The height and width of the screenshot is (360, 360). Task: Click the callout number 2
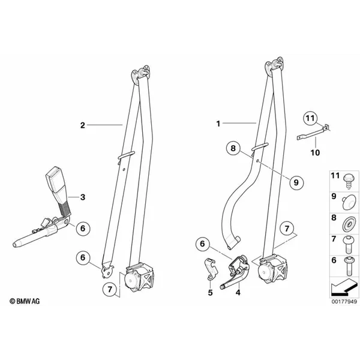tap(82, 125)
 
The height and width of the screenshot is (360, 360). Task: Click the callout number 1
tap(218, 124)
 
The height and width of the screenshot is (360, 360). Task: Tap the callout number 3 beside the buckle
tap(83, 197)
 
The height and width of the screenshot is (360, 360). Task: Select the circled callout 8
tap(233, 148)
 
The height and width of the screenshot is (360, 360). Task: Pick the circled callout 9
tap(296, 182)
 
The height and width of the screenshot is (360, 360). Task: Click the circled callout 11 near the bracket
tap(310, 118)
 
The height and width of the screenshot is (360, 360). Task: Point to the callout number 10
tap(315, 152)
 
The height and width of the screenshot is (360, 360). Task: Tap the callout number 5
tap(211, 293)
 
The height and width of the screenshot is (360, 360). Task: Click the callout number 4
tap(238, 293)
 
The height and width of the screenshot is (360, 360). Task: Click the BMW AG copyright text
tap(25, 301)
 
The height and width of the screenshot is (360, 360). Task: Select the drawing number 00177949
tap(344, 301)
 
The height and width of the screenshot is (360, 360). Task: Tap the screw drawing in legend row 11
tap(349, 181)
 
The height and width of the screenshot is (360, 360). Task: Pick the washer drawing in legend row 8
tap(349, 224)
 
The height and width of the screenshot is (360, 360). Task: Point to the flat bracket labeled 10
tap(313, 133)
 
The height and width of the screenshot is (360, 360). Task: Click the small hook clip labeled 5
tap(211, 269)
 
